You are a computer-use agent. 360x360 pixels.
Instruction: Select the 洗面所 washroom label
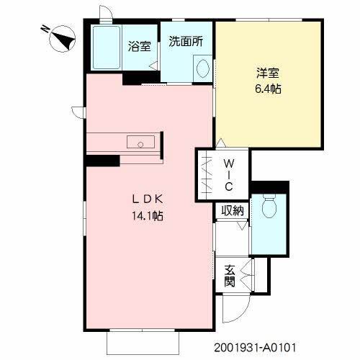[x=185, y=42]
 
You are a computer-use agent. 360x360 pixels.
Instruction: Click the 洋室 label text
[x=266, y=73]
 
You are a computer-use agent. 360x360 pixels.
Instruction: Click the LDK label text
[x=148, y=200]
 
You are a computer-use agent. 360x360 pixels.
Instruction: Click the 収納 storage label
[x=232, y=210]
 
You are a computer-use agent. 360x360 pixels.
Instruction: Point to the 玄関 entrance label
[x=230, y=276]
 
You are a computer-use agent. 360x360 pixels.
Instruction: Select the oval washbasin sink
[x=202, y=70]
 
